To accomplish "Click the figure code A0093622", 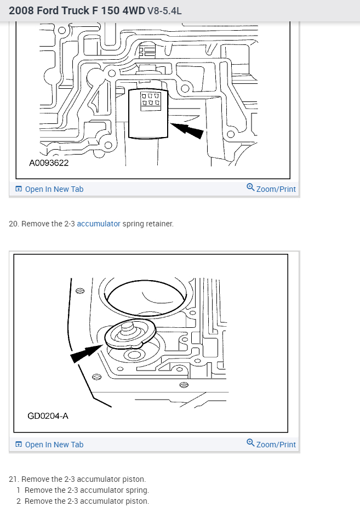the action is tap(49, 163).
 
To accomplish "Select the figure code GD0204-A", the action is tap(48, 416).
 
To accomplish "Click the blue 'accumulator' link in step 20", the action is tap(98, 224).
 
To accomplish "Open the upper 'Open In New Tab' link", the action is tap(54, 189).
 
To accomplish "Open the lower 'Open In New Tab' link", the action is tap(54, 445).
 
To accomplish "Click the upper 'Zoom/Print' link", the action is tap(276, 189).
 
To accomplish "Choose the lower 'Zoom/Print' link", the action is tap(276, 445).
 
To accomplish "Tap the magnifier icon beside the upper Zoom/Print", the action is tap(250, 187).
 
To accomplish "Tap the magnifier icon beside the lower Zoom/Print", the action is tap(250, 442).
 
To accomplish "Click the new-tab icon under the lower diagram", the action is tap(19, 445).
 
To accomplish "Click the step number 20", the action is tap(14, 224).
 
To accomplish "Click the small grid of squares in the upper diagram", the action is tap(150, 99).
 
